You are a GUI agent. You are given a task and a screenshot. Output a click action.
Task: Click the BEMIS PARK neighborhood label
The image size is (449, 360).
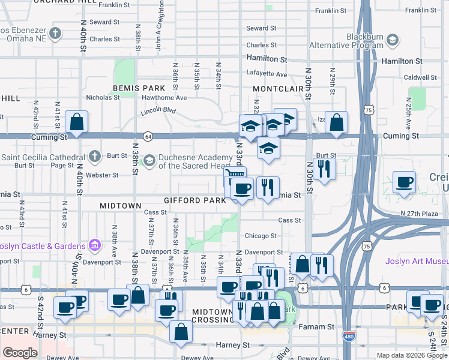139,88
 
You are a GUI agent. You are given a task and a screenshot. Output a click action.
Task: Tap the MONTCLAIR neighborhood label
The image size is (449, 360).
277,88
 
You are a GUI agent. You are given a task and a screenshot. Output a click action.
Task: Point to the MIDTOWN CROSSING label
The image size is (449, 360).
212,316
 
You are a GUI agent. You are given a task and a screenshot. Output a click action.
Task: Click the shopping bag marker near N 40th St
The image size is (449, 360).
77,122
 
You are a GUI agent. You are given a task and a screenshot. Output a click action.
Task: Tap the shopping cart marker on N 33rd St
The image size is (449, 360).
235,176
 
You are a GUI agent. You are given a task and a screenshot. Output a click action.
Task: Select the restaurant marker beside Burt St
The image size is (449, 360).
324,168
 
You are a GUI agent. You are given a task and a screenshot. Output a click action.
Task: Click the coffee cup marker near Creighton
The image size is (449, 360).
404,182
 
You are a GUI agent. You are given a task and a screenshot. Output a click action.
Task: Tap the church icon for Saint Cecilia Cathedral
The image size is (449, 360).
94,157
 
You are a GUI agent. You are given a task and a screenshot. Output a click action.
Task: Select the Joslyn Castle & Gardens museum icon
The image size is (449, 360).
94,245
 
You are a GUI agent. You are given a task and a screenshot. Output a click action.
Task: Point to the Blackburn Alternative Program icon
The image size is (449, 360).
393,40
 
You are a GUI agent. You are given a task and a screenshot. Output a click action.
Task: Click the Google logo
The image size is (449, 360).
20,353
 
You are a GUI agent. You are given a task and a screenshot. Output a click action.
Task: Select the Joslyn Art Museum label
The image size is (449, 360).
417,260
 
